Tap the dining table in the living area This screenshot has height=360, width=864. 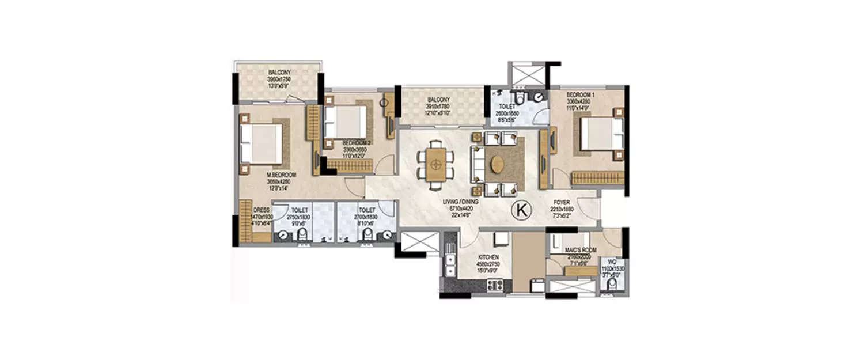tap(437, 165)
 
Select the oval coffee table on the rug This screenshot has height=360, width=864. tap(497, 165)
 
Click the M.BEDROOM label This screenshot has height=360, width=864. tap(281, 175)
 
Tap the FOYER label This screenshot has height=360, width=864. tap(562, 203)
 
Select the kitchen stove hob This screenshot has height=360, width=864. tap(495, 283)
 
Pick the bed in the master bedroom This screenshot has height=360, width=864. tap(261, 144)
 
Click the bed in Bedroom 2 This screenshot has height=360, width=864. tap(344, 122)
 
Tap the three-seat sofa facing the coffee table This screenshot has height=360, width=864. tap(476, 165)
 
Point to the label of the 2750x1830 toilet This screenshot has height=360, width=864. tap(298, 211)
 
